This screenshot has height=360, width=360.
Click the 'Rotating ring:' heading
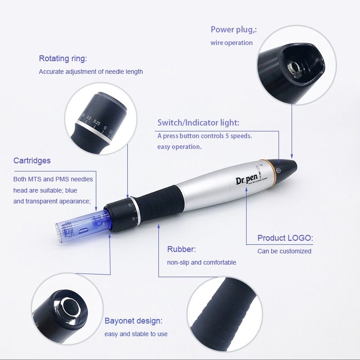[63, 59]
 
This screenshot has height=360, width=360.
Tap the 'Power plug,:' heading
[234, 30]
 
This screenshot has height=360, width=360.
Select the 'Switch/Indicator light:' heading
[198, 122]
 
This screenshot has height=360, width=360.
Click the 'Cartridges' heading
[32, 161]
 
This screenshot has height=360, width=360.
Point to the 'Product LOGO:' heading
[285, 238]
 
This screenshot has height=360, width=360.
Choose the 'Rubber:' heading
[181, 249]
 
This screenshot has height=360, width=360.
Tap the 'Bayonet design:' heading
[133, 321]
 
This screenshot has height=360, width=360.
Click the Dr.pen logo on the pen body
[247, 179]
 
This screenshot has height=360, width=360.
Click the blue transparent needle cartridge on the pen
[82, 226]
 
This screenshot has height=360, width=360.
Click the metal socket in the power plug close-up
[294, 68]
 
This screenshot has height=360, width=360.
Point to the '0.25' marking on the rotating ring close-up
[97, 123]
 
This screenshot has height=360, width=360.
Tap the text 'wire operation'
[231, 43]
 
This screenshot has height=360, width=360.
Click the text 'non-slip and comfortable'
[202, 262]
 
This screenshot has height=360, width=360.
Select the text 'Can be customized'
[284, 251]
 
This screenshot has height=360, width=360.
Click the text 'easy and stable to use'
[136, 334]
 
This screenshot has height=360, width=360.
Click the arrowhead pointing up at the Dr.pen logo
[246, 189]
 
